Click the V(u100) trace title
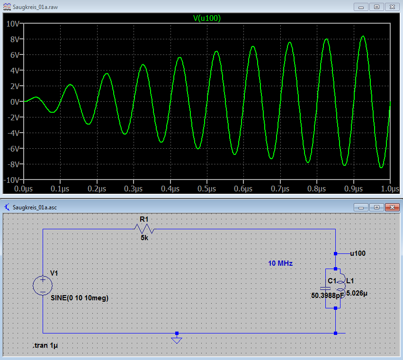click(x=207, y=18)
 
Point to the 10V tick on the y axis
click(x=12, y=24)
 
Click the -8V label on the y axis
click(x=13, y=164)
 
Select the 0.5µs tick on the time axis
click(x=206, y=189)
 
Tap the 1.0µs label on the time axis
click(x=390, y=189)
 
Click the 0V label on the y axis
click(x=15, y=102)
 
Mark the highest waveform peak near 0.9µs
click(x=363, y=36)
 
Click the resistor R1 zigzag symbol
click(x=144, y=229)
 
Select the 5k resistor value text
click(x=144, y=238)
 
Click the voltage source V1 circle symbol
click(x=43, y=286)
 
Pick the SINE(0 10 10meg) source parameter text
click(x=80, y=298)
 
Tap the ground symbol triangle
click(x=177, y=341)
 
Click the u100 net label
click(x=358, y=253)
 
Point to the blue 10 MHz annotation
click(x=280, y=263)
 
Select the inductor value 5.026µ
click(x=357, y=293)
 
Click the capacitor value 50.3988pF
click(x=328, y=296)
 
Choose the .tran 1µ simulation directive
click(x=45, y=345)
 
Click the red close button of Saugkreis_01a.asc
click(x=392, y=207)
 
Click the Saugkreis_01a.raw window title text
click(x=35, y=7)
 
